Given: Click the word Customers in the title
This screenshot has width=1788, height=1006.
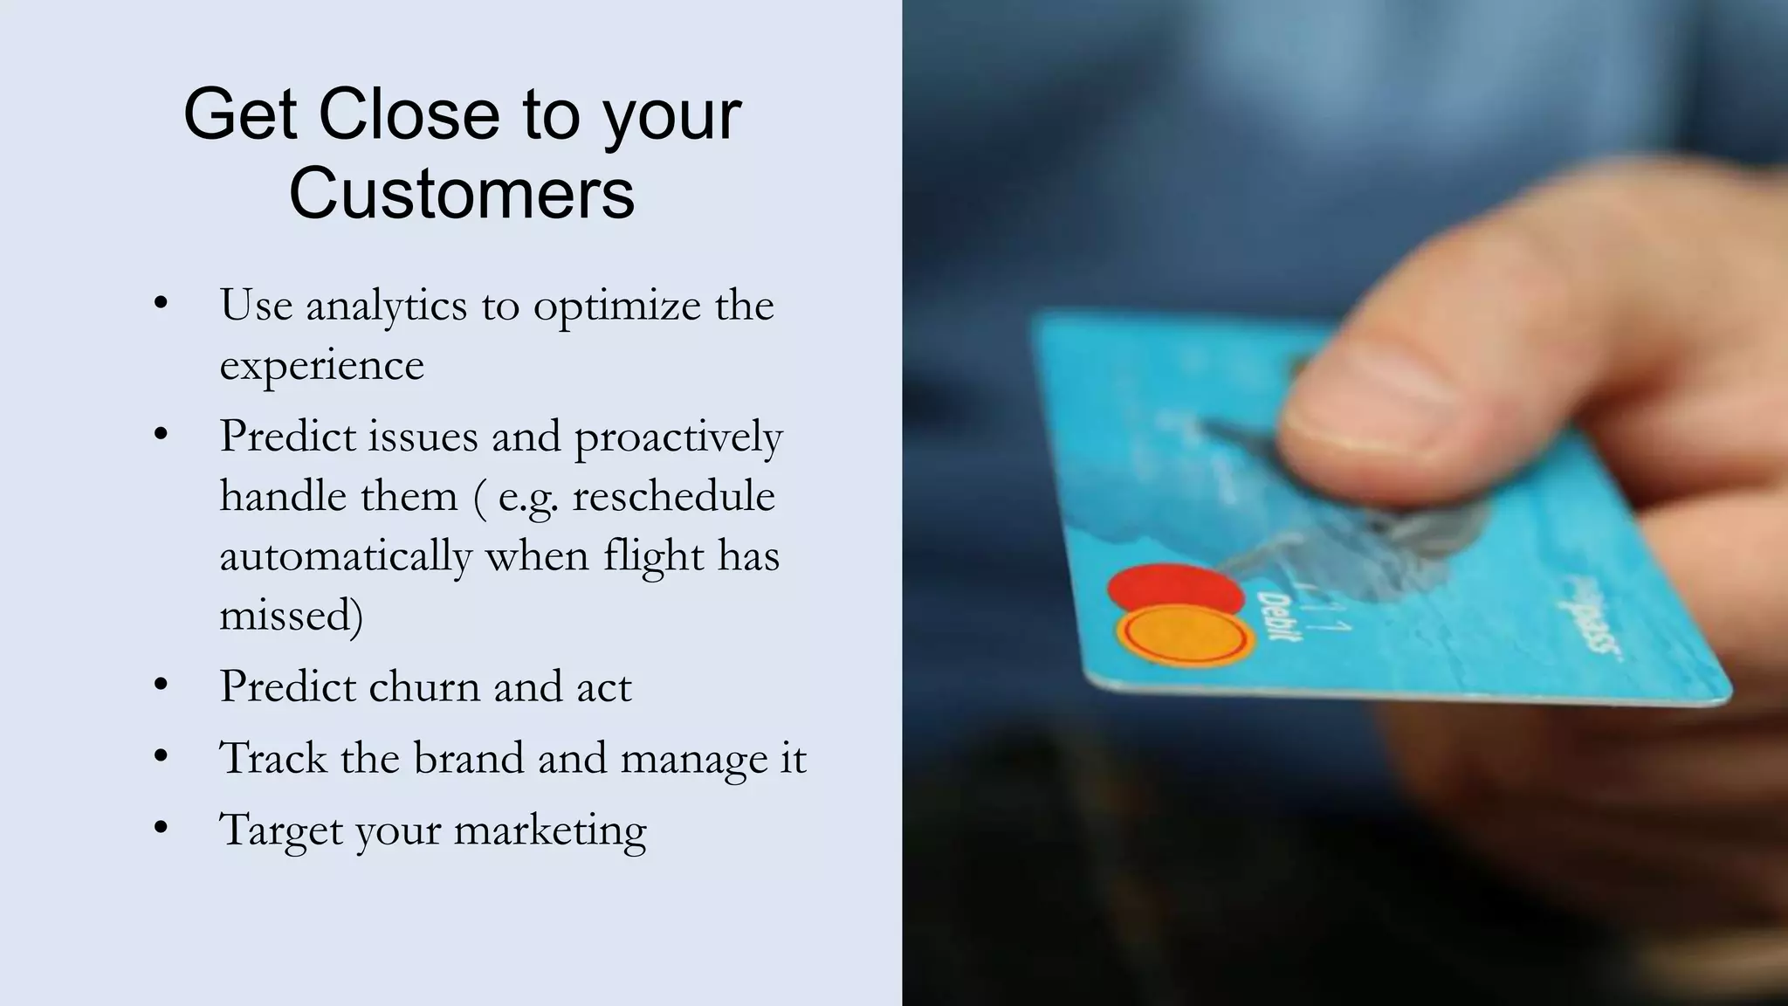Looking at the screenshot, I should pos(462,192).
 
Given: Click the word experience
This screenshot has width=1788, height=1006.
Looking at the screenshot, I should pos(321,365).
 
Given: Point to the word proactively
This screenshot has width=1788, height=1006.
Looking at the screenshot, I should pos(677,437).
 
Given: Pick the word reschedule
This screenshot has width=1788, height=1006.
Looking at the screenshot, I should pos(673,496).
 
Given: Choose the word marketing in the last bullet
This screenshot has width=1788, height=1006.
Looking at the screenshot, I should pos(550,830).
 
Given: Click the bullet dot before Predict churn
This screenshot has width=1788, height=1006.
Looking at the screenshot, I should pos(160,686).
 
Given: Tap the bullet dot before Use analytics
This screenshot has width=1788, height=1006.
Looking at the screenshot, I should pos(160,304).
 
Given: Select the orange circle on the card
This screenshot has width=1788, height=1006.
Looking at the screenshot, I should pos(1185,637).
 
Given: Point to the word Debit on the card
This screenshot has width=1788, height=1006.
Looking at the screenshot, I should pos(1276,617).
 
